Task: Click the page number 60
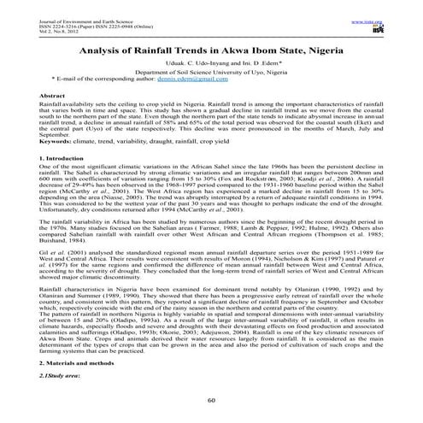click(211, 401)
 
